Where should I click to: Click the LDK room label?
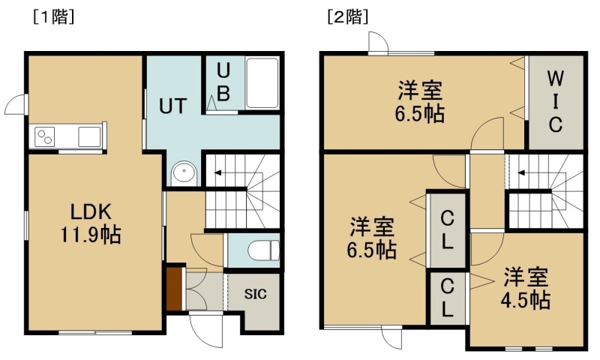(91, 211)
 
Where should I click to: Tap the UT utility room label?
(173, 106)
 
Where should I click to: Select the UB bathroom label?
(223, 82)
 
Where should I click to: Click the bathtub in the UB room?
(262, 83)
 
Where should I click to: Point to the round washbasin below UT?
(184, 173)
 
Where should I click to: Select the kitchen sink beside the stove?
(89, 136)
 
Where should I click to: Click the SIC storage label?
(255, 294)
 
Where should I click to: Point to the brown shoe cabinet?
(173, 289)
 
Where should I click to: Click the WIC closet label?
(555, 101)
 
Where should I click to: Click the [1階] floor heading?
(53, 16)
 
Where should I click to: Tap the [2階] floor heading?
(348, 16)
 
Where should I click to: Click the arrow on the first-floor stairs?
(217, 173)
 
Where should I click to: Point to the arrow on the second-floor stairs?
(521, 173)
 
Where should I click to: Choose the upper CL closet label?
(447, 230)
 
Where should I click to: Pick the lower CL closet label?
(447, 297)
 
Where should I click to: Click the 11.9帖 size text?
(91, 235)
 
